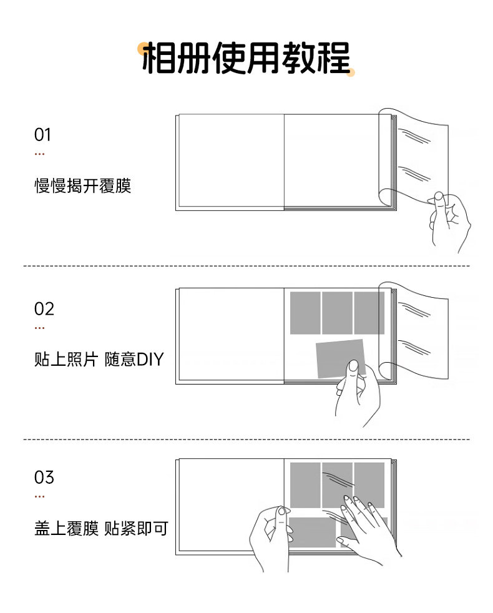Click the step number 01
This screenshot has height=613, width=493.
(42, 135)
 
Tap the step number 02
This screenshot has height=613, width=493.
(44, 309)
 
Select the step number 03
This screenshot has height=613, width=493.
(44, 478)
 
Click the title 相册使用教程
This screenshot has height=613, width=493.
(246, 58)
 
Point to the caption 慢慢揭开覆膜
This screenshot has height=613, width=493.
(82, 185)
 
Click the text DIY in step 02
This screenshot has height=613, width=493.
(150, 360)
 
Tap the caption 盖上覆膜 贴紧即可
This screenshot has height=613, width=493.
(101, 528)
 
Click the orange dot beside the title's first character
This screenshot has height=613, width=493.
(143, 49)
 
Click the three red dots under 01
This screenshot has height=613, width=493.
(39, 154)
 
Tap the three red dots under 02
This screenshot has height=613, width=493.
(39, 328)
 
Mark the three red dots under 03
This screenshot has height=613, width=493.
(39, 496)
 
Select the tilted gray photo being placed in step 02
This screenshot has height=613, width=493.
(341, 358)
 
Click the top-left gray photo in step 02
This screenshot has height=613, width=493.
(305, 313)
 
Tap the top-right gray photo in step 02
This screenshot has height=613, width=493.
(369, 313)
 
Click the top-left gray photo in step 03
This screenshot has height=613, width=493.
(305, 485)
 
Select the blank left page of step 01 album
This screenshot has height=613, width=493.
(231, 160)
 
